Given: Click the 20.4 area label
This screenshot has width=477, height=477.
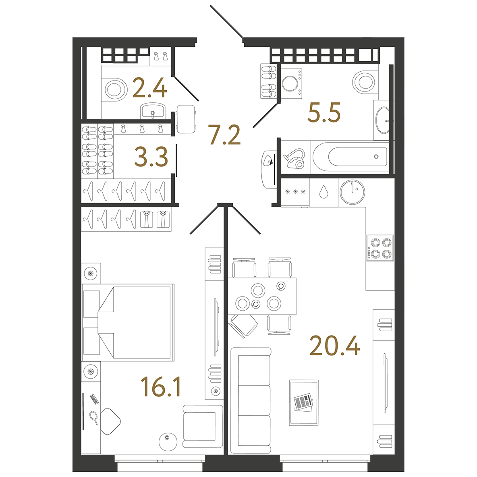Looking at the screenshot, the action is pos(335,346).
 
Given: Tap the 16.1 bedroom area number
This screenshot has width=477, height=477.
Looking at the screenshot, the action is pos(161,386).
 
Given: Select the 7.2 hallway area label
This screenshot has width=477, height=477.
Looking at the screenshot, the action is pos(224,135).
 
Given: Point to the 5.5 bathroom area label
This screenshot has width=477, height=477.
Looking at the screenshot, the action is pos(324,112).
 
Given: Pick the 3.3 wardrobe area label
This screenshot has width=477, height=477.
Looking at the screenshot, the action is pos(151,157).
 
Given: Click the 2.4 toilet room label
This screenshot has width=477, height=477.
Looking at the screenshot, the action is pos(150,87).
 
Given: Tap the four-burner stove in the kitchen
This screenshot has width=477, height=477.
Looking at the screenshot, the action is pos(380,248).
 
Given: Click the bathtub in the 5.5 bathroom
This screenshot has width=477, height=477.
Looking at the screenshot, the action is pos(350,157).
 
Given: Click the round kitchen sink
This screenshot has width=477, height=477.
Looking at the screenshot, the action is pos(352,192).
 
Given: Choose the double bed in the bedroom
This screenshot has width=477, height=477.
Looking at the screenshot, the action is pos(128,322).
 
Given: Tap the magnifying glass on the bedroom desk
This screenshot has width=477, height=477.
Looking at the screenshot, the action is pos(94,417).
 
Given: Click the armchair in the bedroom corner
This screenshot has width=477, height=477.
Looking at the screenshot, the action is pos(203,426).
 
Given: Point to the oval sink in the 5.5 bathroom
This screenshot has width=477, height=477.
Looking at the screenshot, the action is pos(383,120).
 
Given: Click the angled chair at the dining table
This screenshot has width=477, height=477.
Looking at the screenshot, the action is pos(243,326).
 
